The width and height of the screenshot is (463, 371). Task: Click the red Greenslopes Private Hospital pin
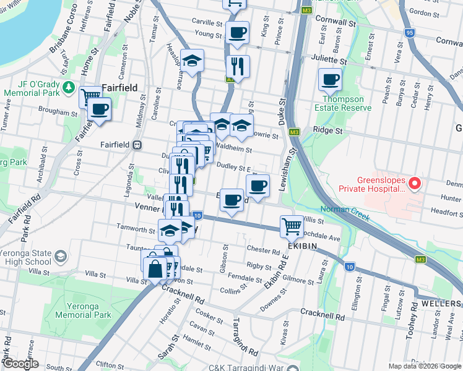[415, 183]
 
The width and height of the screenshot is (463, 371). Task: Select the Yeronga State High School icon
[61, 256]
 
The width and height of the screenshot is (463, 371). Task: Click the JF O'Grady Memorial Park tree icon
[72, 88]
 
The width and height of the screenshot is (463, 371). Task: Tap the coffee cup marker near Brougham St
[98, 109]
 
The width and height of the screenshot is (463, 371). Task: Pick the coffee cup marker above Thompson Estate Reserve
[330, 79]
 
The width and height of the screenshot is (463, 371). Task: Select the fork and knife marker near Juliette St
[238, 64]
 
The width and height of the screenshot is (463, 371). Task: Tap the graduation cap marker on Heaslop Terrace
[193, 61]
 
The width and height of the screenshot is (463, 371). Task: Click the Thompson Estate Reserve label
[347, 103]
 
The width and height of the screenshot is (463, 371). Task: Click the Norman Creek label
[345, 210]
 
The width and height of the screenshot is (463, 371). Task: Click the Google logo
[21, 363]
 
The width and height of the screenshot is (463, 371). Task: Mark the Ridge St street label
[327, 130]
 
